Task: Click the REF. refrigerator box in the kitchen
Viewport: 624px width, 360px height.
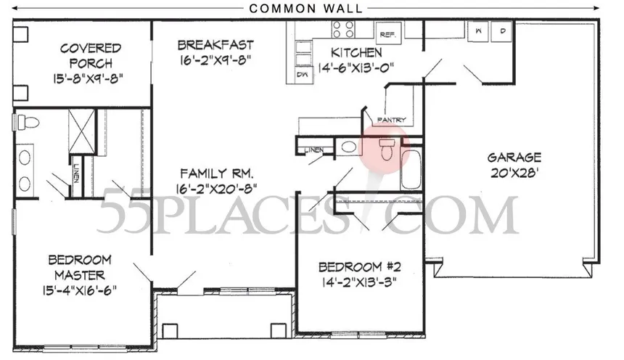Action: coord(388,33)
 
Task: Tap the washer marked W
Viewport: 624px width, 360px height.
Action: coord(477,31)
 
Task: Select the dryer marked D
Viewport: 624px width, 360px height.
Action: coord(501,31)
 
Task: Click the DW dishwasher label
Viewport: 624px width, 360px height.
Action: coord(302,75)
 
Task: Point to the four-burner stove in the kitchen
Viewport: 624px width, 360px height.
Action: coord(343,30)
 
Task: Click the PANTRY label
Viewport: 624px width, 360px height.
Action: coord(392,120)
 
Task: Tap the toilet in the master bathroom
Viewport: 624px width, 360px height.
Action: coord(28,121)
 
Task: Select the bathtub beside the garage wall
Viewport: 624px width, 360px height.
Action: coord(411,169)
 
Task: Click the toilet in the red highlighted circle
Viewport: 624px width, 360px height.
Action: coord(386,149)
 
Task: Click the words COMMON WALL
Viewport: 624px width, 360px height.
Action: coord(305,9)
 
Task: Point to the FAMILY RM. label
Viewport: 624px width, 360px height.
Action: coord(216,173)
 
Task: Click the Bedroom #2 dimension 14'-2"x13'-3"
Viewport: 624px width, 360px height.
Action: coord(359,282)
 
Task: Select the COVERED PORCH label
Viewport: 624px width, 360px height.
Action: coord(91,56)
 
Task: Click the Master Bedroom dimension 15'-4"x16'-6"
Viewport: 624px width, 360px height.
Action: coord(80,290)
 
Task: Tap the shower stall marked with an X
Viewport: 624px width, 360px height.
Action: coord(81,131)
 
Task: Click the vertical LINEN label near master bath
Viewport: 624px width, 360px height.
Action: coord(76,174)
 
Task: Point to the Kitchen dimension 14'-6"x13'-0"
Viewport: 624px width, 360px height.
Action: coord(356,67)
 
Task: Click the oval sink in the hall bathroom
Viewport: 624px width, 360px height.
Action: coord(348,147)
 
